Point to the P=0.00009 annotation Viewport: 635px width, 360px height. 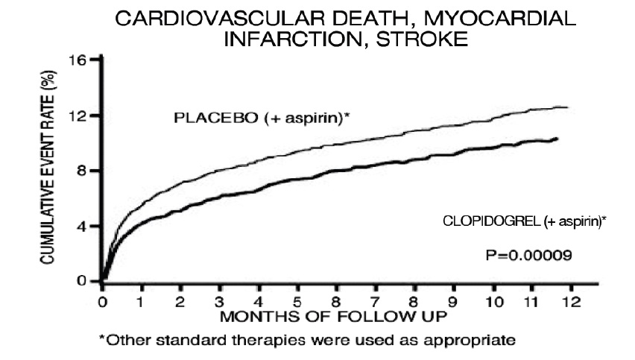528,255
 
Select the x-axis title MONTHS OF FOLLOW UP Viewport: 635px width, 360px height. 335,317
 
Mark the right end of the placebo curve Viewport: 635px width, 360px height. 568,107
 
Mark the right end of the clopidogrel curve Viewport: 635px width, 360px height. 557,139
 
